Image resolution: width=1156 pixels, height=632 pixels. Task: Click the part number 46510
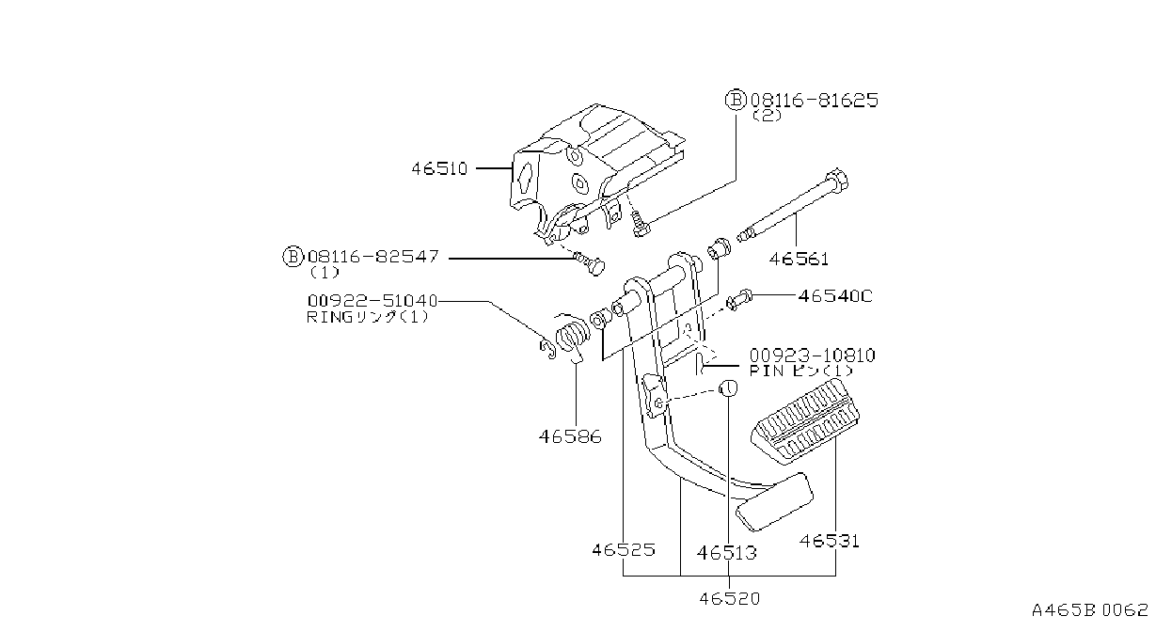click(x=439, y=168)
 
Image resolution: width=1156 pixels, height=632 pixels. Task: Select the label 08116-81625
click(x=815, y=100)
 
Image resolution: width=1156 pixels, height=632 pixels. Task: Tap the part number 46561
click(x=799, y=259)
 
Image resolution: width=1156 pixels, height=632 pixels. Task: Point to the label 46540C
click(x=835, y=296)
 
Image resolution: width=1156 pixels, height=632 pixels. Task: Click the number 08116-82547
click(x=373, y=257)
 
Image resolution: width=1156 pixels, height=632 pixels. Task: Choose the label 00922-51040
click(x=372, y=301)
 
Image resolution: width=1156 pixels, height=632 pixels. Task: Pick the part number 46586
click(x=570, y=437)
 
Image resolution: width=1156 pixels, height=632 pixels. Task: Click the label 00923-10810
click(x=813, y=355)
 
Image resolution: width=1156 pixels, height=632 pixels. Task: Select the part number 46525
click(x=624, y=550)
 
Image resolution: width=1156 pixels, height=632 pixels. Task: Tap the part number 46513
click(x=727, y=553)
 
